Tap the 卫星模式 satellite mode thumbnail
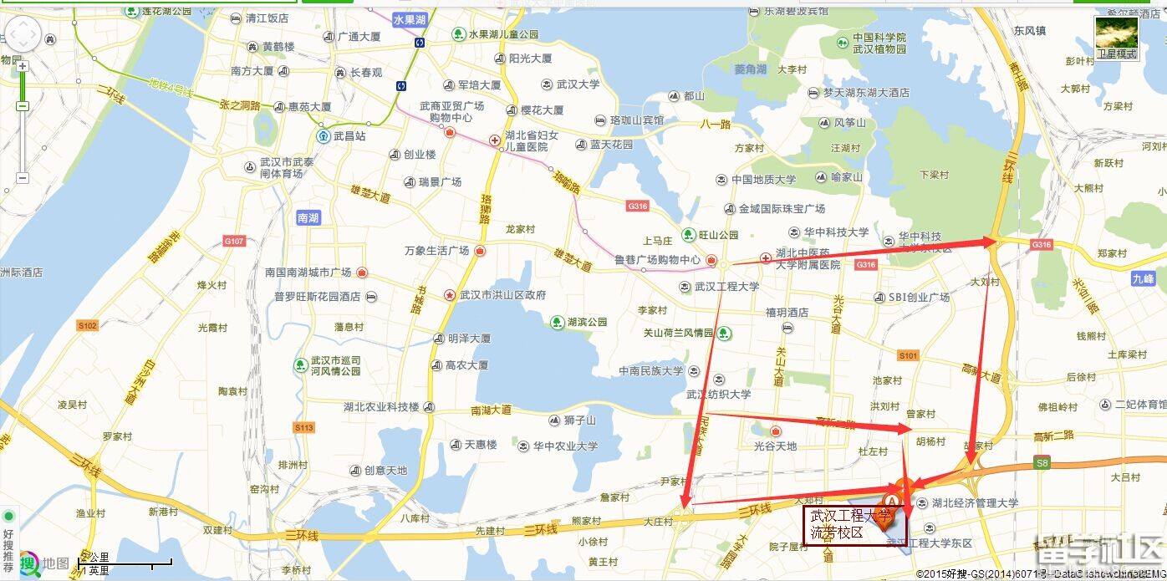pyautogui.click(x=1117, y=38)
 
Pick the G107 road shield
pyautogui.click(x=234, y=242)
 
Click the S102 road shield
pyautogui.click(x=88, y=326)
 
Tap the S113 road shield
pyautogui.click(x=303, y=428)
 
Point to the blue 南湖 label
pyautogui.click(x=308, y=218)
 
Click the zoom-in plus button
pyautogui.click(x=23, y=67)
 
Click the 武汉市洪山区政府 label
pyautogui.click(x=498, y=295)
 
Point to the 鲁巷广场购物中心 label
pyautogui.click(x=657, y=260)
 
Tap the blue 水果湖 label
pyautogui.click(x=410, y=18)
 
